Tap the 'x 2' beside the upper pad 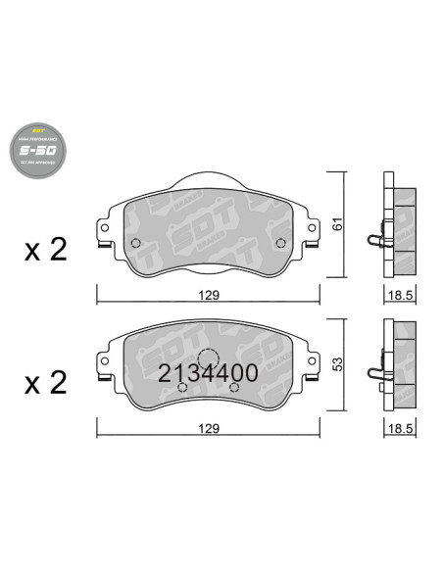[44, 250]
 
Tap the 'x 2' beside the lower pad [44, 381]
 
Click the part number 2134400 [208, 373]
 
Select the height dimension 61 [338, 224]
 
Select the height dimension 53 [338, 363]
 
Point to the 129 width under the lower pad [209, 428]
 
